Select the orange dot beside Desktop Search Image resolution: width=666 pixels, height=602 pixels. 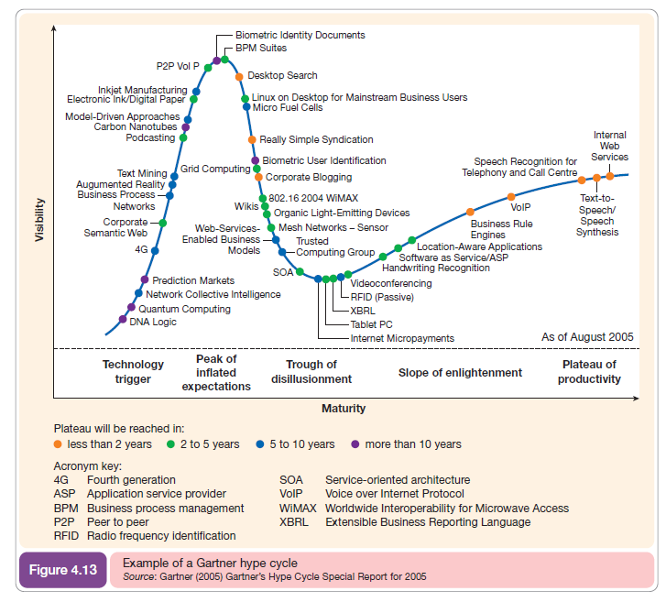[x=239, y=76]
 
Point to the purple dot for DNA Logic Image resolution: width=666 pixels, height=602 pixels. [x=123, y=320]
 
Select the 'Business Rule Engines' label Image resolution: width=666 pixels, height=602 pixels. [x=501, y=229]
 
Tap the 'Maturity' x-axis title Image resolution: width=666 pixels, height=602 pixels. [x=344, y=408]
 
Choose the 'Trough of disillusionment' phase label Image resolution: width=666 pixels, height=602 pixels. [x=311, y=372]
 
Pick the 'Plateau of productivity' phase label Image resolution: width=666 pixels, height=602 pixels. [x=589, y=372]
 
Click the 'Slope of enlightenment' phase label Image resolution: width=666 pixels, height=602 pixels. [x=460, y=373]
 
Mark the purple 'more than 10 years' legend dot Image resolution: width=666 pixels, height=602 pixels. [x=355, y=444]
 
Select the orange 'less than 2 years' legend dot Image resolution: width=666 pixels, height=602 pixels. [x=60, y=444]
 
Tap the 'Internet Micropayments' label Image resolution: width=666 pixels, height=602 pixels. [x=402, y=338]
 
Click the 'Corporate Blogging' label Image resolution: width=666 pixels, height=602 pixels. [x=308, y=177]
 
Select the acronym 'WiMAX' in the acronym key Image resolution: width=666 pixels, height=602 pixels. [x=297, y=509]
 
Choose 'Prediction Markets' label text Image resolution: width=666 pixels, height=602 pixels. [x=193, y=280]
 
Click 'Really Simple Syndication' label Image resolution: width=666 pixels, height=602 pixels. [x=316, y=139]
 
